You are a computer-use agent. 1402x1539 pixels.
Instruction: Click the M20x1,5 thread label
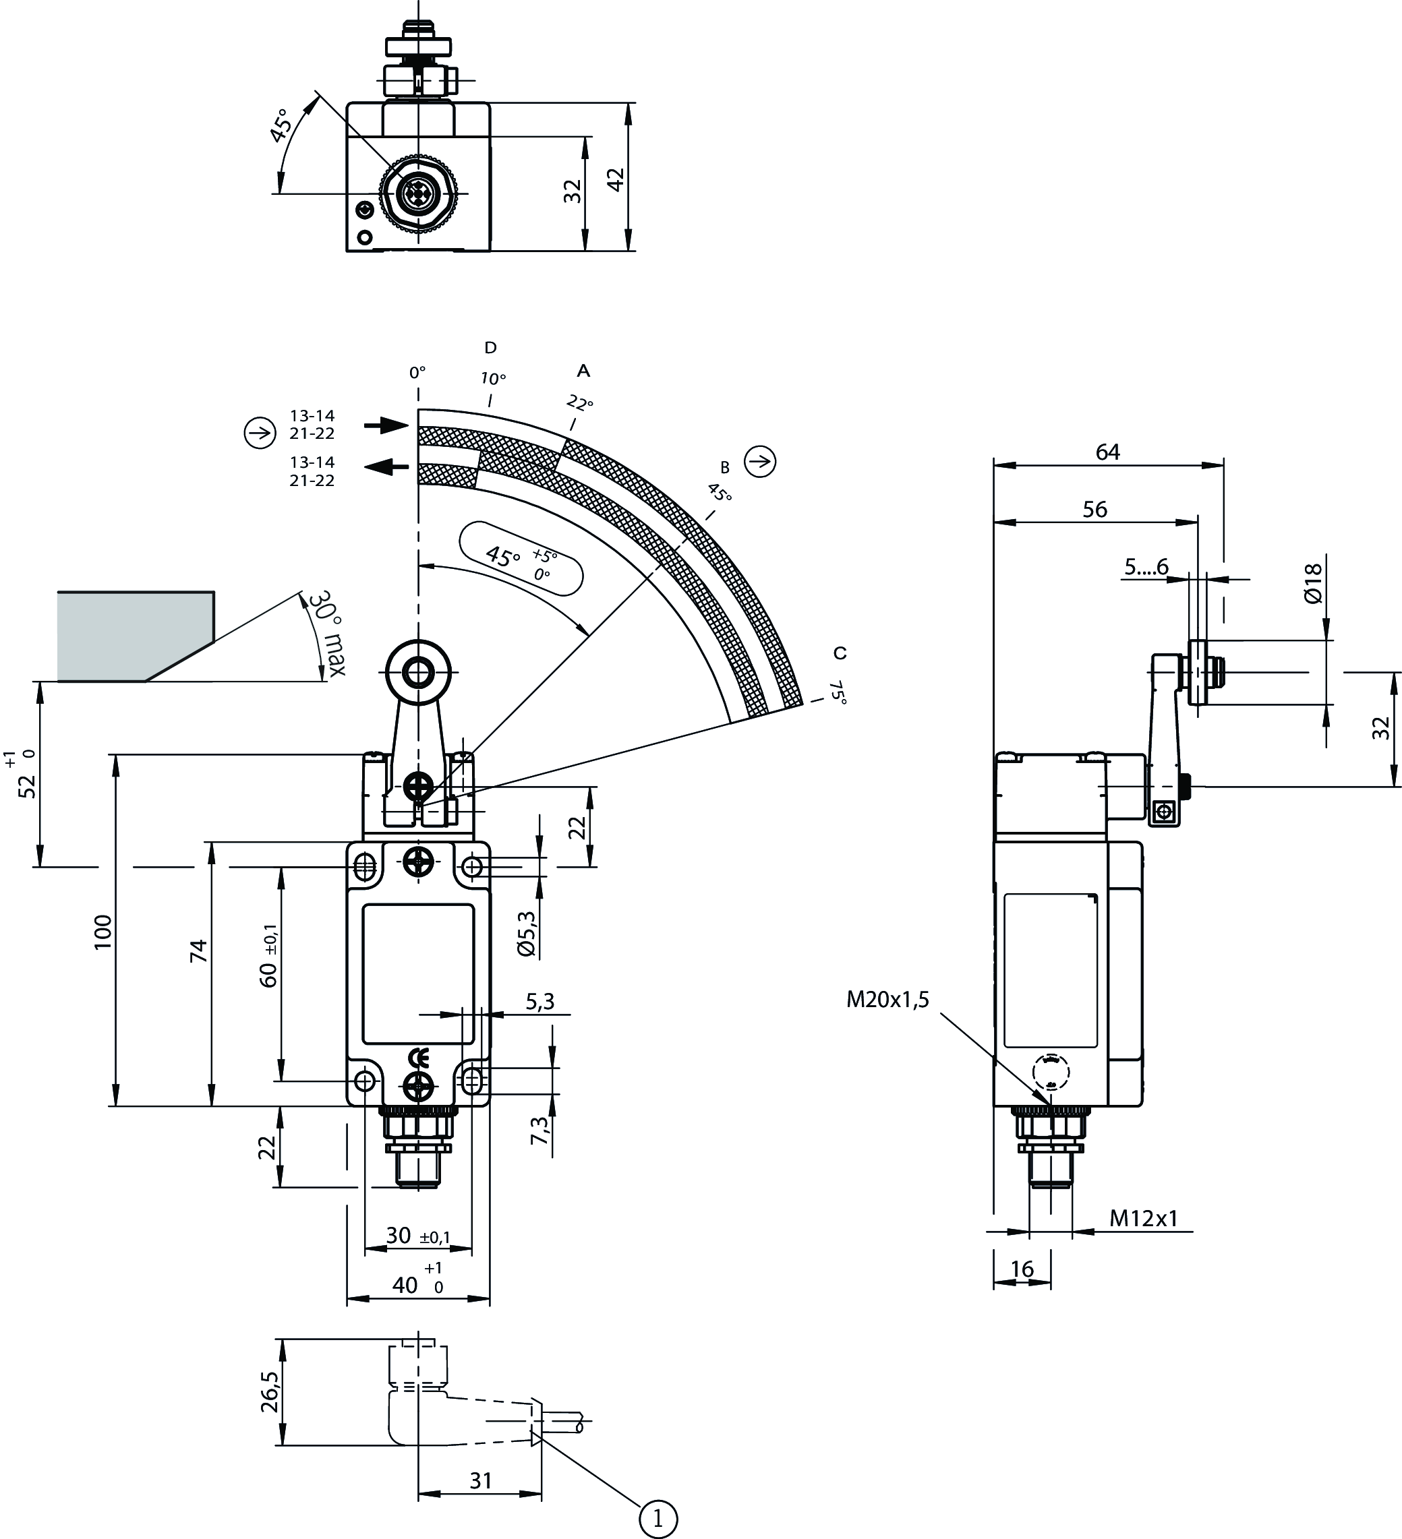click(x=887, y=999)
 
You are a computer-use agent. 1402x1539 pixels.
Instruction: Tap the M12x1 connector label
click(x=1143, y=1218)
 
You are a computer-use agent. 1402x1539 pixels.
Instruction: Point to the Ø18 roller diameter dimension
click(x=1312, y=584)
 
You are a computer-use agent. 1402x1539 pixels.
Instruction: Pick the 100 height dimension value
click(x=103, y=932)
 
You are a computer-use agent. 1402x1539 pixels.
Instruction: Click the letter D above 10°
click(x=490, y=348)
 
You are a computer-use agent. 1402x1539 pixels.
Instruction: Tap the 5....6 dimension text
click(x=1146, y=566)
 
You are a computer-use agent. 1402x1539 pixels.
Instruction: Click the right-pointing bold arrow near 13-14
click(x=386, y=425)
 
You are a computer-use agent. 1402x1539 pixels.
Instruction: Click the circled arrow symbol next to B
click(x=760, y=461)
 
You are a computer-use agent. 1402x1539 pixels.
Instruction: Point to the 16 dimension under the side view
click(x=1022, y=1269)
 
